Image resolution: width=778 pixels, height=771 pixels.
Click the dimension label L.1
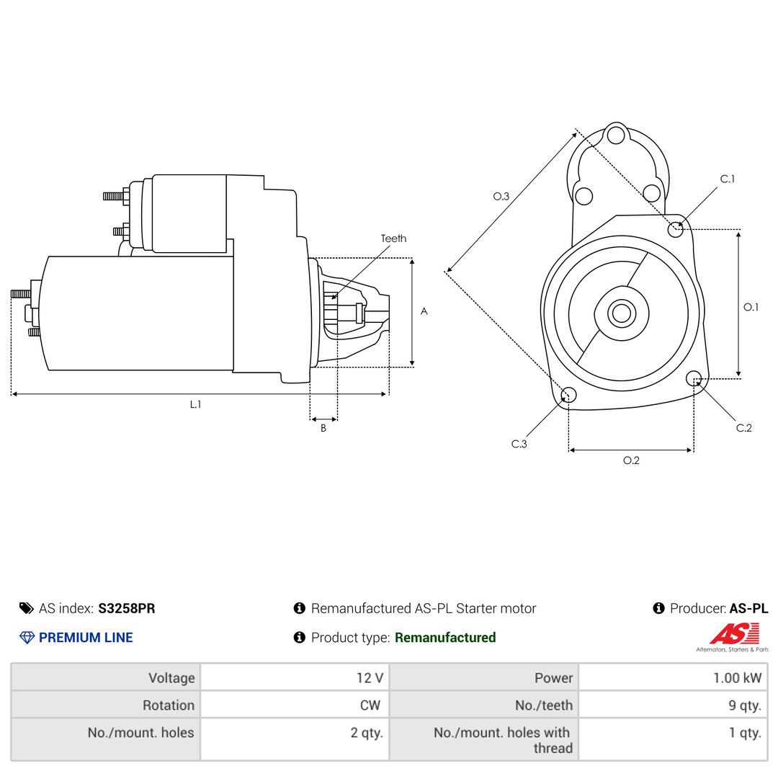[x=195, y=405]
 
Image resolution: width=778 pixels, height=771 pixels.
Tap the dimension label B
[x=323, y=428]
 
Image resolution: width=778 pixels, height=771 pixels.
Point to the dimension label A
[x=424, y=311]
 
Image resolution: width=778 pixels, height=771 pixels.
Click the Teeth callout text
[x=393, y=239]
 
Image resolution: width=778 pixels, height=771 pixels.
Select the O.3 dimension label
[x=501, y=197]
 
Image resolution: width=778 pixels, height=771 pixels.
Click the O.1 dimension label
[x=751, y=307]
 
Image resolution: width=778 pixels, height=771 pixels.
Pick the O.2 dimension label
[x=631, y=460]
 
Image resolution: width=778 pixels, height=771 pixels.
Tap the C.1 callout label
[x=728, y=179]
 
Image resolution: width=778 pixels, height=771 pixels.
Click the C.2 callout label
[x=743, y=428]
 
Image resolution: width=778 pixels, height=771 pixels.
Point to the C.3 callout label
[x=519, y=444]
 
